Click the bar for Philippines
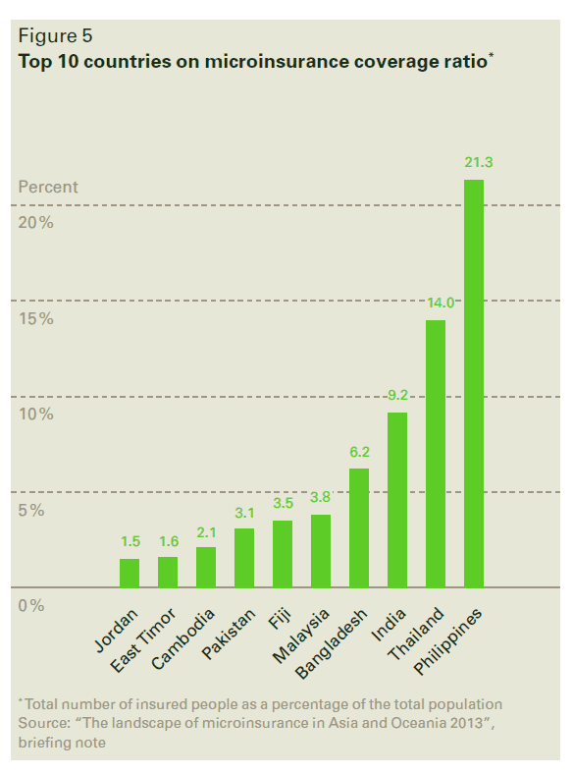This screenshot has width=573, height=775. coord(474,383)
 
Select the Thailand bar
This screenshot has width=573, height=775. coord(436,453)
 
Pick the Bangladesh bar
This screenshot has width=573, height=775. coord(359,527)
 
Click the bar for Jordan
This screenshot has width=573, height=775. coord(130,573)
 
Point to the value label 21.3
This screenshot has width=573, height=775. coord(475,162)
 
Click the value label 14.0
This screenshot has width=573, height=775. coord(437,303)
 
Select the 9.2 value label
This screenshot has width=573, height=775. coord(397,395)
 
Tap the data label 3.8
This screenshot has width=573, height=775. coord(321,497)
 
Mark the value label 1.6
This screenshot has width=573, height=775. coord(168,540)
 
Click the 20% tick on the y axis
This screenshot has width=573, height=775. coord(35,223)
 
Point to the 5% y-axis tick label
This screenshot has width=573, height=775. coord(31,511)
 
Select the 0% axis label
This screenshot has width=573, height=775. coord(31,606)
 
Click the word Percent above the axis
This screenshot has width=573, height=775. coord(48,187)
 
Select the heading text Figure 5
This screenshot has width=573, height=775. coord(55,36)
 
